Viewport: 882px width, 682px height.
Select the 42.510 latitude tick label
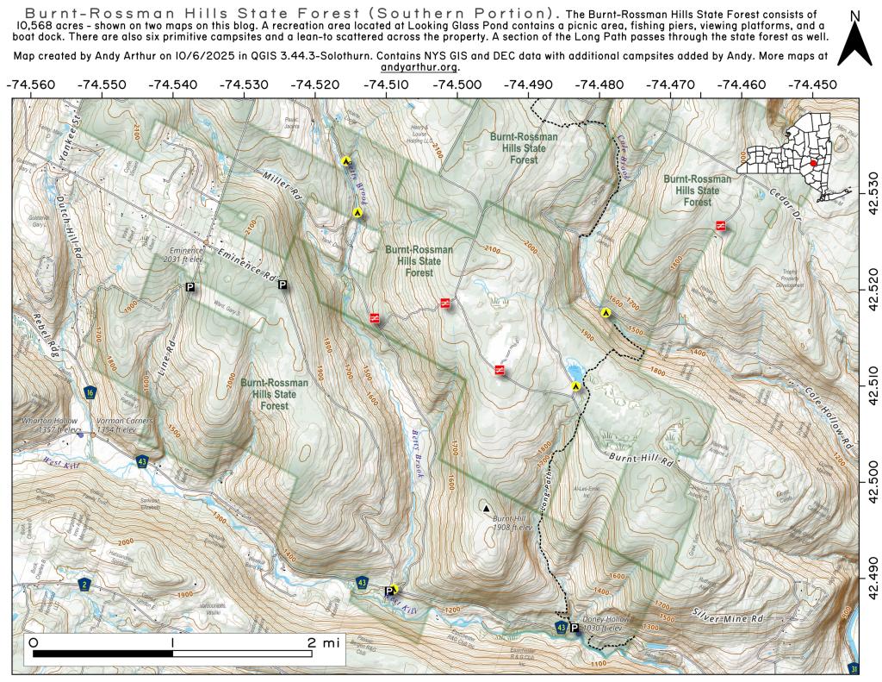[873, 378]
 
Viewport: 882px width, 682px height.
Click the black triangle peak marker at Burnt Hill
[486, 509]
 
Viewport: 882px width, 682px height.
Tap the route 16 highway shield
[90, 393]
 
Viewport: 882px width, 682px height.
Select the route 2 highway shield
[84, 585]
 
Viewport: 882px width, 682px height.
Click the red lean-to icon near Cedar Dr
[720, 225]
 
